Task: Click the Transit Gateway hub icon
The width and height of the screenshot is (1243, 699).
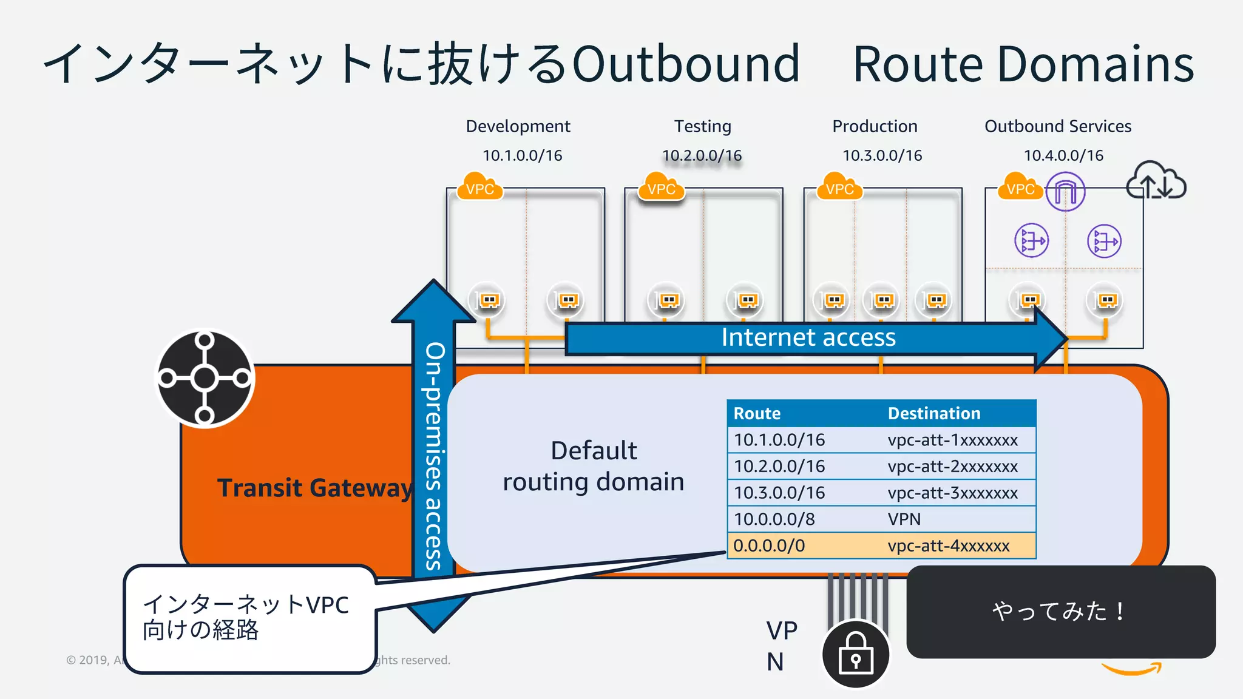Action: click(205, 379)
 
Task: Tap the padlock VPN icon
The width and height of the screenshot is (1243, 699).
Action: click(855, 654)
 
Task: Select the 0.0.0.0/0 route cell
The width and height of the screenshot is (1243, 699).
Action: click(769, 545)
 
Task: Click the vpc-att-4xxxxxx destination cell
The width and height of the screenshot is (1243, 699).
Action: click(948, 545)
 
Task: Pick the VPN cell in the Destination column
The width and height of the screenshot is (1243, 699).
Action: click(904, 519)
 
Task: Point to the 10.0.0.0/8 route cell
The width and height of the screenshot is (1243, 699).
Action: click(774, 519)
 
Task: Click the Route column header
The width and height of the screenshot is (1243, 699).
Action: click(757, 413)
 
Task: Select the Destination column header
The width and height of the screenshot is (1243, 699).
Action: click(933, 413)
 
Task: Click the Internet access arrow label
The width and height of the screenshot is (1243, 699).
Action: click(808, 337)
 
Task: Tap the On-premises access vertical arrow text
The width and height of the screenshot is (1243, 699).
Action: click(434, 455)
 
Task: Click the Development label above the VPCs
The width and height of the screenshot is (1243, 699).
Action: click(518, 126)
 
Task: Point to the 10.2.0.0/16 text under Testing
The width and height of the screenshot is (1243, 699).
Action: click(702, 155)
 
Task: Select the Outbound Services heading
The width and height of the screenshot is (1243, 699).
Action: click(1057, 126)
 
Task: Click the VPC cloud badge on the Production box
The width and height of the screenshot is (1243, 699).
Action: click(839, 188)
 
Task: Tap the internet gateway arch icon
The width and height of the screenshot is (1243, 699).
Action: click(1065, 192)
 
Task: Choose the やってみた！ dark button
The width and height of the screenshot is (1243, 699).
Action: click(1060, 612)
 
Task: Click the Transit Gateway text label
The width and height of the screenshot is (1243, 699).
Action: click(314, 488)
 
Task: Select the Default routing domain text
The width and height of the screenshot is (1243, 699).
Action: click(593, 466)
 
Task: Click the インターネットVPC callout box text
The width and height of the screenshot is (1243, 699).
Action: click(245, 618)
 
